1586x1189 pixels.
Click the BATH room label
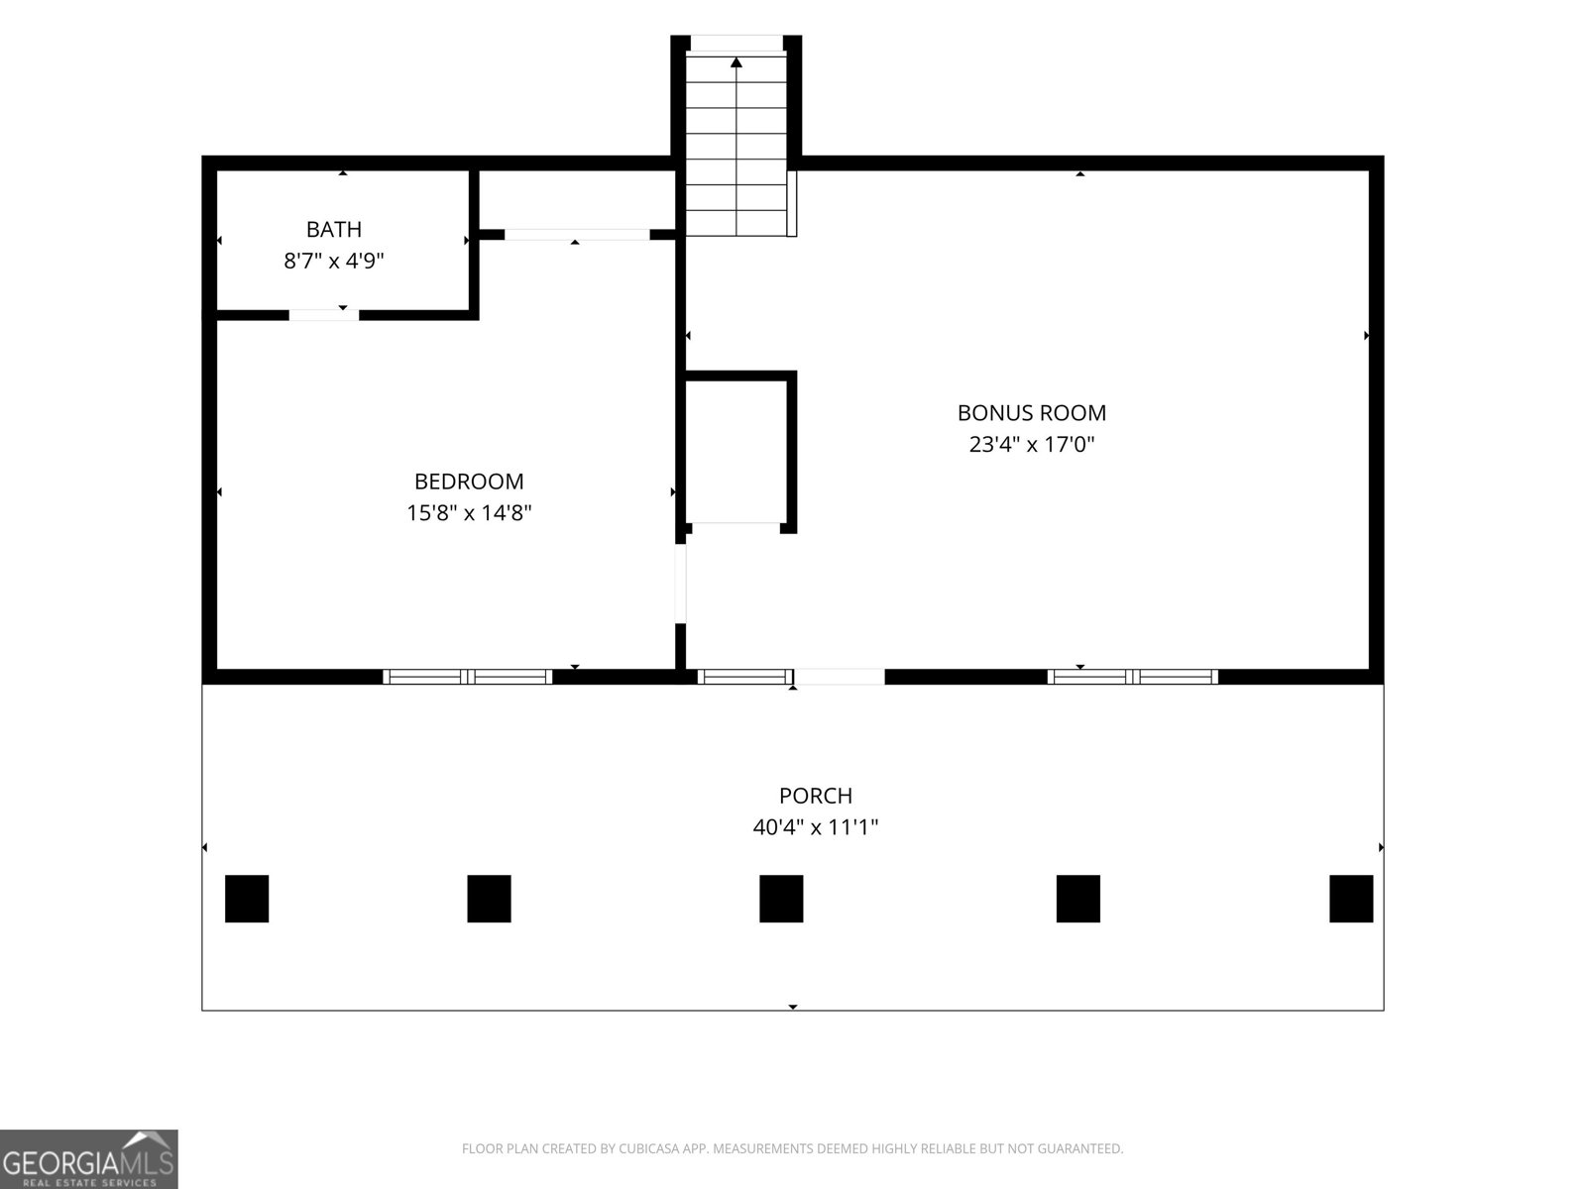pos(334,229)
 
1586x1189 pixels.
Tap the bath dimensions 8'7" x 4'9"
pos(334,260)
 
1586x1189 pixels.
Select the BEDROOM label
pos(469,481)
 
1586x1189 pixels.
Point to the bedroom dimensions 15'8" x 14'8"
pos(469,512)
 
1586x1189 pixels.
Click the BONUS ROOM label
pos(1032,412)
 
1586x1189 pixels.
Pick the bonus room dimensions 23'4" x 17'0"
pos(1032,444)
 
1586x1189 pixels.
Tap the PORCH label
pos(816,795)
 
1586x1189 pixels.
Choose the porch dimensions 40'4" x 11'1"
pos(816,826)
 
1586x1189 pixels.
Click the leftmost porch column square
pos(247,899)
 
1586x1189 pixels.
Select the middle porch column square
pos(781,899)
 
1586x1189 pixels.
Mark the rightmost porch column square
pos(1351,899)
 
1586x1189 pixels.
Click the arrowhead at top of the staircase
pos(736,62)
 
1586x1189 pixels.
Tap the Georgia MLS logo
pos(89,1158)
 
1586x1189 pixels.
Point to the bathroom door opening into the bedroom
pos(324,315)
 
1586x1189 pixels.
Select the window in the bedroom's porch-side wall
pos(468,677)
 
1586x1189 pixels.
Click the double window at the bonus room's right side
pos(1133,677)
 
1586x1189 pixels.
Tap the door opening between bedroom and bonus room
pos(681,584)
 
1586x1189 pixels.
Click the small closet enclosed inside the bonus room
pos(736,452)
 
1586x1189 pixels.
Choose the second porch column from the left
pos(489,899)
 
